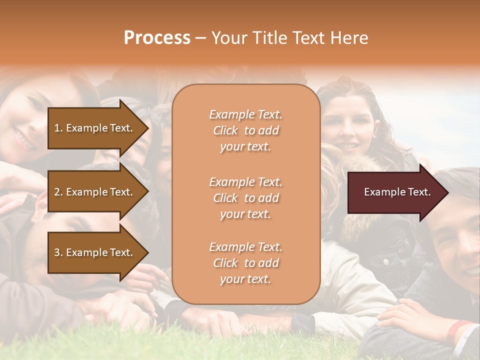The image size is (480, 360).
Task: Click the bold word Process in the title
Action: (157, 38)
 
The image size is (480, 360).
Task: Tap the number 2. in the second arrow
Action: (58, 192)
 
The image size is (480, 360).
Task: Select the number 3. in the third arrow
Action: (58, 252)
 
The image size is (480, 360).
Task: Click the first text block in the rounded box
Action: (245, 130)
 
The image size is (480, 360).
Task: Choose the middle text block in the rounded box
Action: (245, 198)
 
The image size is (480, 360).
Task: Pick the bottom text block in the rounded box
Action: (245, 263)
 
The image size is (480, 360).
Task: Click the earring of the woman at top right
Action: (373, 135)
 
